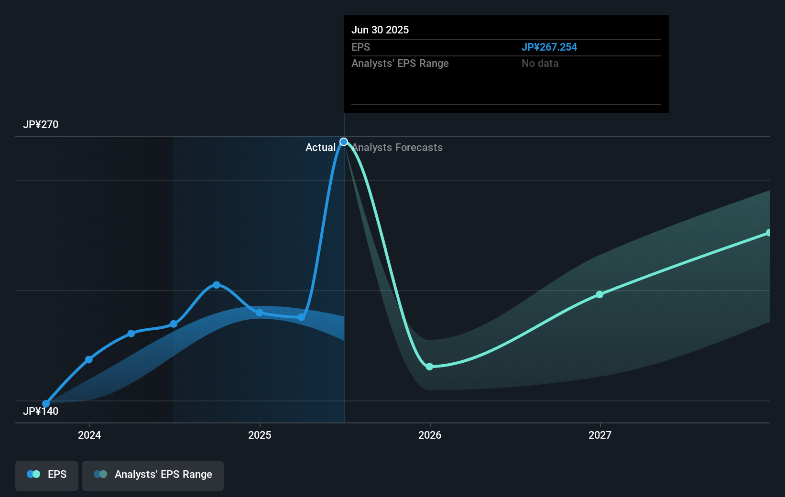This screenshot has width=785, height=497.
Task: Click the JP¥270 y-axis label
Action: point(41,125)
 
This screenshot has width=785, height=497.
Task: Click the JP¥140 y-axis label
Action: point(41,411)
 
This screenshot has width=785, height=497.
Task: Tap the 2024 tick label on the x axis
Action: point(89,435)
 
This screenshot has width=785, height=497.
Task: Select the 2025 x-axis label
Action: point(260,435)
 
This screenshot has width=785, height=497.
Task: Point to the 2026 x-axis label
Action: point(430,435)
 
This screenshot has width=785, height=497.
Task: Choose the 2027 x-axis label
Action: point(600,435)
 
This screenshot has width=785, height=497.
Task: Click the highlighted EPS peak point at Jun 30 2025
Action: point(344,142)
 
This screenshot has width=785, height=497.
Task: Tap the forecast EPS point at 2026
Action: point(429,367)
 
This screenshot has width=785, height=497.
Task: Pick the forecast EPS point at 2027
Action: point(600,294)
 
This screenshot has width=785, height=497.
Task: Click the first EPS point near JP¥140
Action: point(46,404)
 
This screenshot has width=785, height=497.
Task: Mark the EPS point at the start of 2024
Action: point(89,359)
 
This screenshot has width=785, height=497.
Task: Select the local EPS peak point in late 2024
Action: point(217,285)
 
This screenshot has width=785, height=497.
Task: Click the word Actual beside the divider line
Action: point(320,148)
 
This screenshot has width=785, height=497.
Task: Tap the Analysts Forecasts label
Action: point(397,148)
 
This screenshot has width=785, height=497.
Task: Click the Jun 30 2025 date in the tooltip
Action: point(380,30)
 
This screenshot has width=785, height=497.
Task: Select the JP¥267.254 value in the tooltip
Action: point(549,47)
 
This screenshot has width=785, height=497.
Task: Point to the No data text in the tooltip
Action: point(540,64)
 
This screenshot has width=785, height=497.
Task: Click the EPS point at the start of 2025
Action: point(259,313)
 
